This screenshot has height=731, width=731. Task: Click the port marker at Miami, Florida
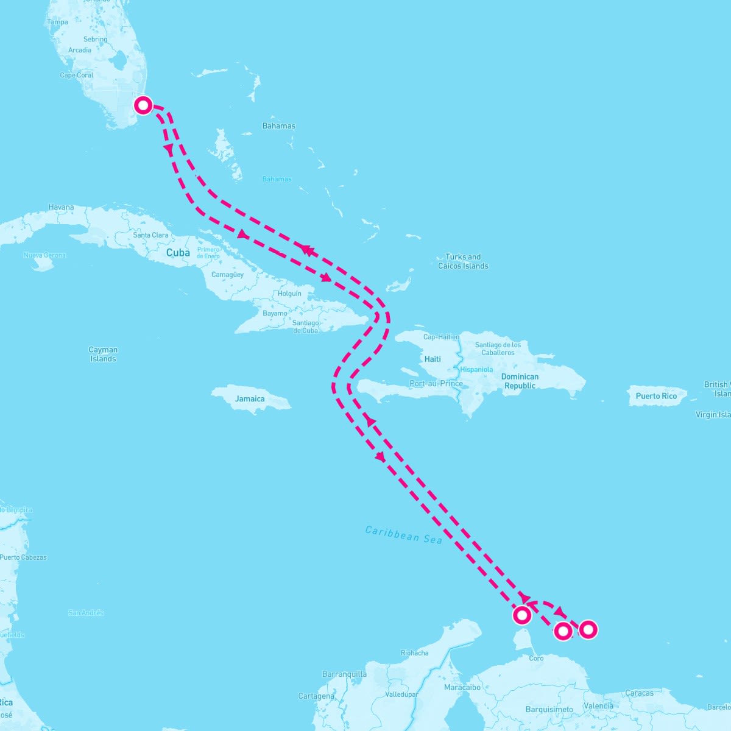point(143,105)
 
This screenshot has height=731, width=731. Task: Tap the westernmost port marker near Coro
point(522,615)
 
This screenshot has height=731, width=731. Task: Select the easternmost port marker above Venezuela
point(588,629)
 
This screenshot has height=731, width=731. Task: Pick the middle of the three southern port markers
point(563,631)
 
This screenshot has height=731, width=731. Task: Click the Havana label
point(61,207)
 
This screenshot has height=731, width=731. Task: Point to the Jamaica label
point(250,399)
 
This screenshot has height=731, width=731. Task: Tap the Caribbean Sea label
point(403,535)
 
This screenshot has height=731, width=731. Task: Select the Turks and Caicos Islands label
point(463,261)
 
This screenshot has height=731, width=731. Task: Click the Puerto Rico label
point(656,396)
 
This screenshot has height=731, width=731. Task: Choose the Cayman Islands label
point(103,354)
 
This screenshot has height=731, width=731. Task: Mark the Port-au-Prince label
point(436,384)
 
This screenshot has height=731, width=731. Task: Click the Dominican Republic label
point(520,381)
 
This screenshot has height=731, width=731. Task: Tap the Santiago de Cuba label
point(305,327)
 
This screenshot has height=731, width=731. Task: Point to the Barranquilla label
point(344,674)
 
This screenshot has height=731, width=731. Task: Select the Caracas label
point(639,693)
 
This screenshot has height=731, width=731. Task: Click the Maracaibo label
point(463,687)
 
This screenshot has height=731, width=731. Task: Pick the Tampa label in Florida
point(57,22)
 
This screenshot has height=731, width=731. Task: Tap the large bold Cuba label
point(178,252)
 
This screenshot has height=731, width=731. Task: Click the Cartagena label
point(316,696)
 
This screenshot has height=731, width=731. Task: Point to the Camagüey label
point(227,275)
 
